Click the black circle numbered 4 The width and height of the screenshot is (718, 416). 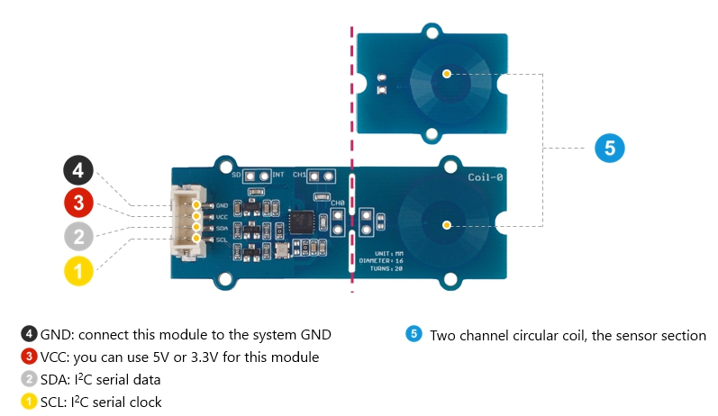[x=77, y=170]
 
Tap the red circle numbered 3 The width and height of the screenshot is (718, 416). [x=77, y=203]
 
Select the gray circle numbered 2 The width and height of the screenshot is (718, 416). [x=77, y=237]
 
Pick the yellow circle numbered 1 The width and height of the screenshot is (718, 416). [x=77, y=270]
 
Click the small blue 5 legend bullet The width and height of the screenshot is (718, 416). [x=414, y=335]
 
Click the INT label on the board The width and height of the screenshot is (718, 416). [x=278, y=173]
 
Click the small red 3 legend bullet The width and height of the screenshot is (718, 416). [x=30, y=357]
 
